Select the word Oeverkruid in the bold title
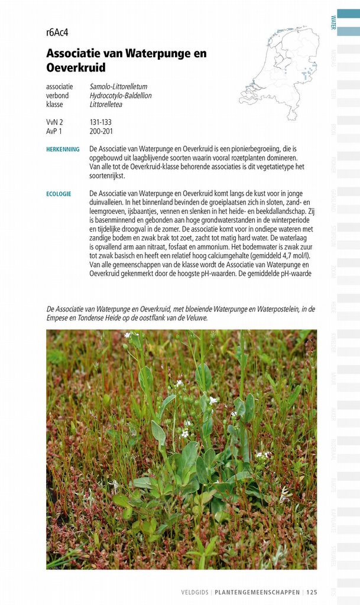point(76,68)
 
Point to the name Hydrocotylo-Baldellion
point(121,95)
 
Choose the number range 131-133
point(100,122)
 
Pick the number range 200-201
point(101,131)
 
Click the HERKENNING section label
point(63,149)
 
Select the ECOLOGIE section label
point(59,194)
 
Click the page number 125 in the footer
point(312,592)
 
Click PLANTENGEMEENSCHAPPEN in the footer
point(258,592)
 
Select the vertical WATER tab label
point(333,22)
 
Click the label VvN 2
point(54,122)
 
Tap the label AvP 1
point(54,131)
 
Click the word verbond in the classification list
point(57,95)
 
